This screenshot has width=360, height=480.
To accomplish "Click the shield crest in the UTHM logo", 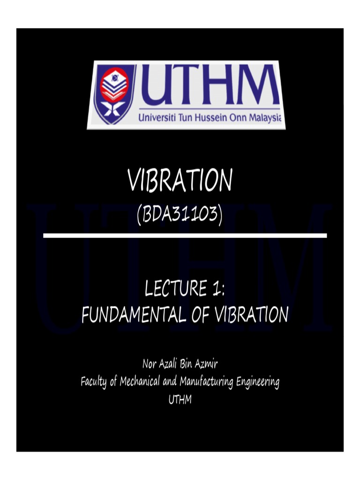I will point(114,94).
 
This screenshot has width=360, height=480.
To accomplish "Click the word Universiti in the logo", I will point(158,118).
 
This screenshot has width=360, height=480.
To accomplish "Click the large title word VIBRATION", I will point(180,181).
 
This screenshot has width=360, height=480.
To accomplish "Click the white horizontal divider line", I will point(185,235).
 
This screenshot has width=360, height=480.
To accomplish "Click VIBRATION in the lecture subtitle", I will point(252,315).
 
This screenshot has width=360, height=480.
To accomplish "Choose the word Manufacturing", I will point(207,382).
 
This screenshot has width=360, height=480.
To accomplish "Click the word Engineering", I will point(258,382).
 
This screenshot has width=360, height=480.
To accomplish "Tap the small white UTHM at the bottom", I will point(180,400).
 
